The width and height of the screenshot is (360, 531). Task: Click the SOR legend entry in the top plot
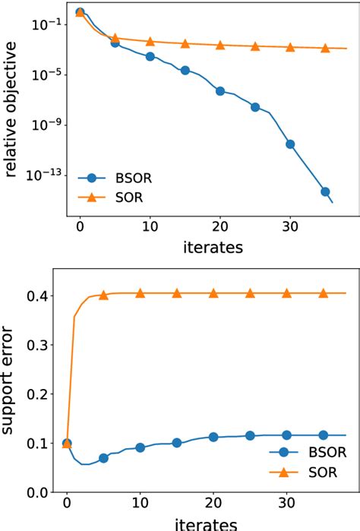click(106, 198)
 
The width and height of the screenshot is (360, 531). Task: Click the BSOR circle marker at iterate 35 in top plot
click(325, 192)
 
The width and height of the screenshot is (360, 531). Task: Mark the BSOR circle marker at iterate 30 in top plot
click(289, 144)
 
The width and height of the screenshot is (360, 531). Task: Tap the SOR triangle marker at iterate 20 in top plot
click(220, 46)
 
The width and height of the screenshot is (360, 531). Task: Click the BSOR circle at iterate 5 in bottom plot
click(103, 458)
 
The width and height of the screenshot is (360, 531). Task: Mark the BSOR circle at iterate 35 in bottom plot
click(323, 435)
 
